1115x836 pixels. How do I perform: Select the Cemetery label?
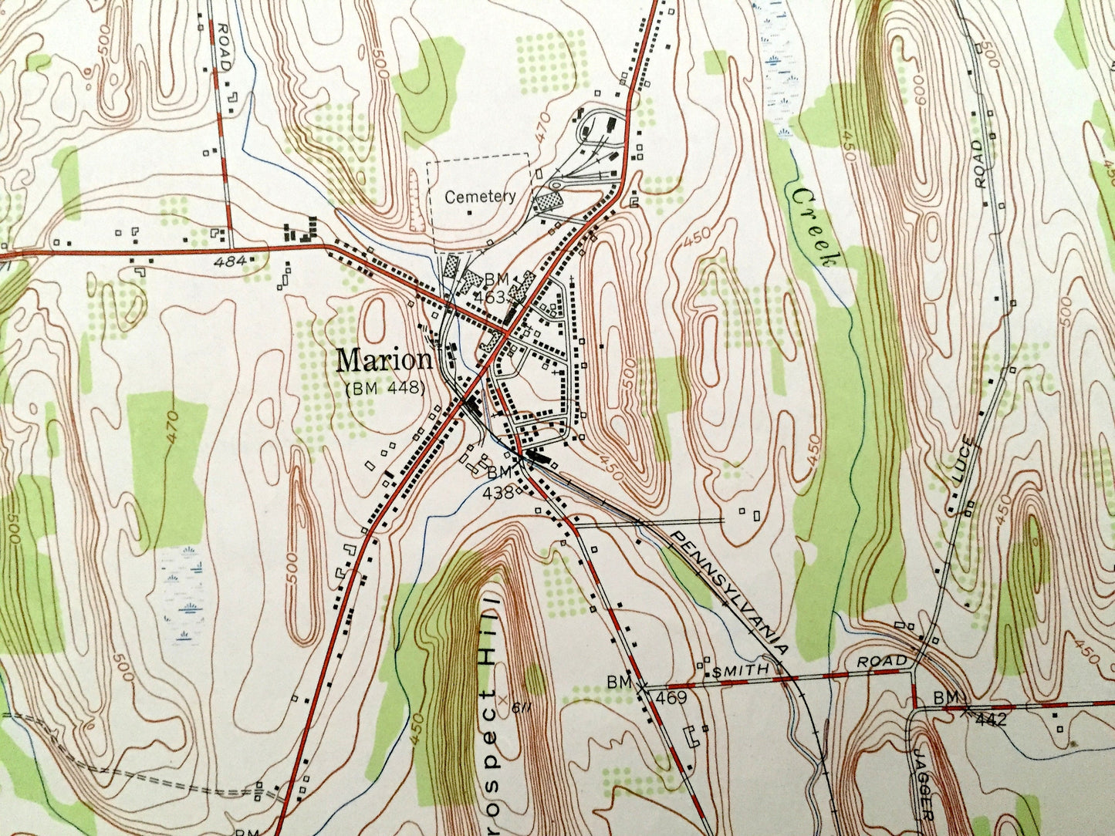tap(480, 197)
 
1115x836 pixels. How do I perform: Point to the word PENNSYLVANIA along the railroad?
tap(729, 590)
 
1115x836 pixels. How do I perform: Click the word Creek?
tap(813, 227)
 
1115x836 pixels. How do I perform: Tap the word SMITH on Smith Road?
tap(741, 671)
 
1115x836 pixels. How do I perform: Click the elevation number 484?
tap(231, 262)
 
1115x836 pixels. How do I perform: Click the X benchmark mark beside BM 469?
tap(642, 684)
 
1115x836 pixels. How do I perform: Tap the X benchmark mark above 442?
tap(965, 709)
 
